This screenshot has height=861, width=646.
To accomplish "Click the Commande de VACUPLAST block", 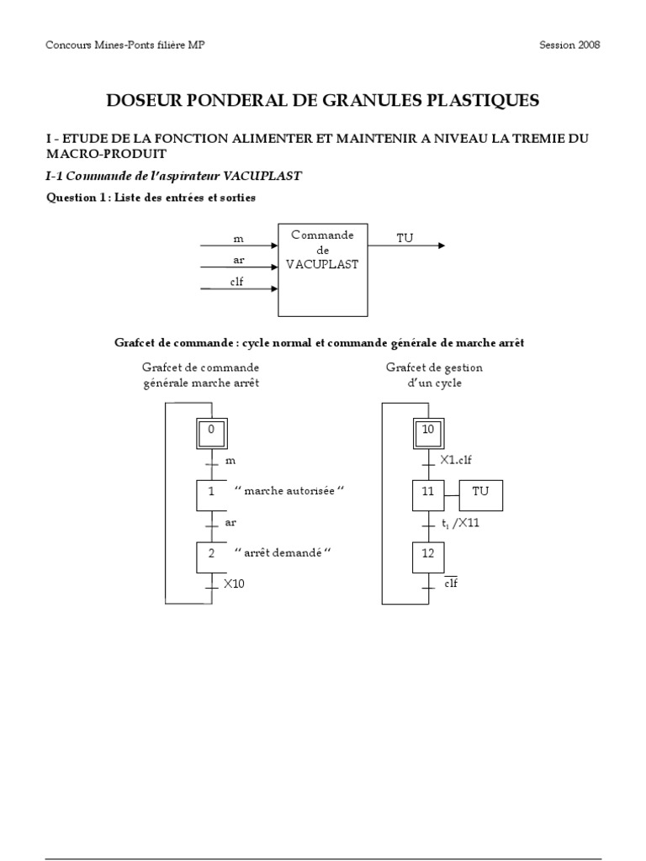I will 322,270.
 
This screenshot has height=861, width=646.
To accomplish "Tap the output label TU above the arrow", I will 405,239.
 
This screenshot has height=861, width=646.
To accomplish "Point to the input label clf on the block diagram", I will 237,283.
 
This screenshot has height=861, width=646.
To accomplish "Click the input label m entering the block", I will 238,240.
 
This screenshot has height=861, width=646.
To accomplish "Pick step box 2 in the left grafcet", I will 212,556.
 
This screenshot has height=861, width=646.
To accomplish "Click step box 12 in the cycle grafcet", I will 428,556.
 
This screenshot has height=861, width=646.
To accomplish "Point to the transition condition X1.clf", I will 457,461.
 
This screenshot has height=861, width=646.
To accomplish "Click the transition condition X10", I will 234,584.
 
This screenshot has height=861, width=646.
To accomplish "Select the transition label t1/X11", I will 460,523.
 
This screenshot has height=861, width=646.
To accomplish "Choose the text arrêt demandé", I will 283,552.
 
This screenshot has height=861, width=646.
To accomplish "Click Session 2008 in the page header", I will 569,45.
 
